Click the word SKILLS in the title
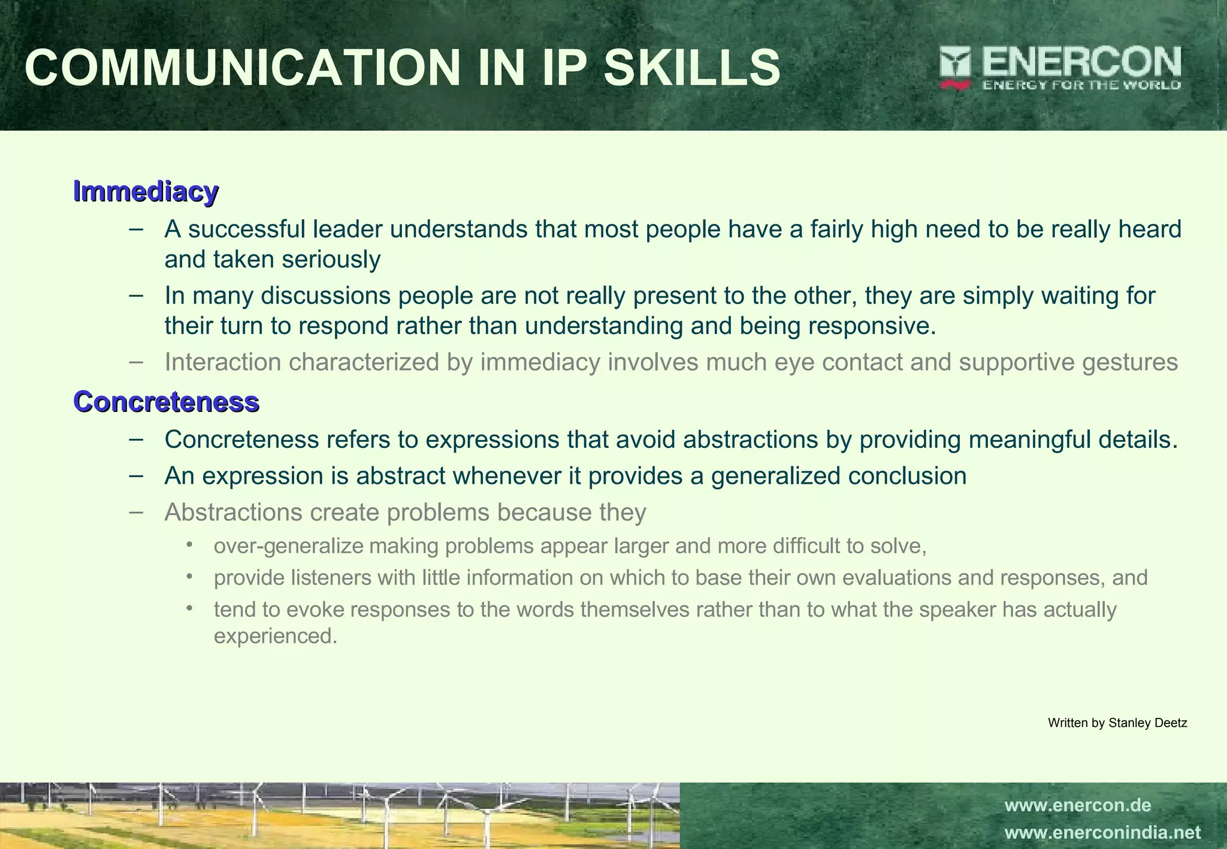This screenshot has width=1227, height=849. (x=691, y=68)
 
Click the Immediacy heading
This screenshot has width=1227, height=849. (x=146, y=192)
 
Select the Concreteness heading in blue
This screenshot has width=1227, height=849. (x=166, y=402)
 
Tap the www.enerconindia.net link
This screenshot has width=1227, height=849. (x=1102, y=833)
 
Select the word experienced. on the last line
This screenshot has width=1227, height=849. (x=276, y=636)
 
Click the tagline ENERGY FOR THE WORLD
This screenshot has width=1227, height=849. (x=1081, y=85)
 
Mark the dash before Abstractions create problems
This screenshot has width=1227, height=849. (x=136, y=512)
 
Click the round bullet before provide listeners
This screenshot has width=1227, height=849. (x=190, y=577)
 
